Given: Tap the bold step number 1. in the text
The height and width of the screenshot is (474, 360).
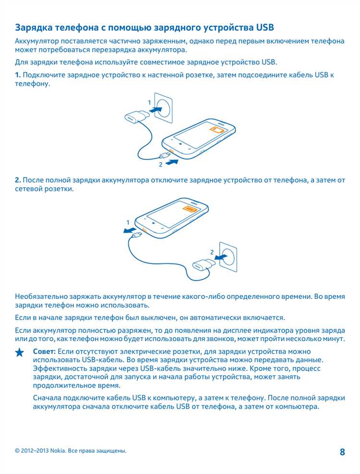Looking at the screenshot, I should (x=18, y=75).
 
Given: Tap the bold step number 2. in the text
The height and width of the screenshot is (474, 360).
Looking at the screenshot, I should (x=18, y=180).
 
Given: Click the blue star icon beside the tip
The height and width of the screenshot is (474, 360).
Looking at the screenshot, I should (x=19, y=353).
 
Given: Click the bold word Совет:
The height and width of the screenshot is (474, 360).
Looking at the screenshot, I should (x=44, y=351).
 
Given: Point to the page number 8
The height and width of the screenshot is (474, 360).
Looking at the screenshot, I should (x=342, y=452).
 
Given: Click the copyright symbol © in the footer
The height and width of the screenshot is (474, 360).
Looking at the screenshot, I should (x=17, y=451).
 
